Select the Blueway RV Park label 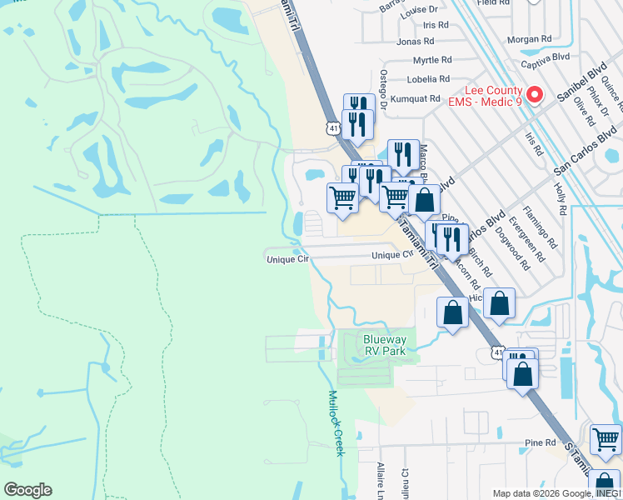point(384,345)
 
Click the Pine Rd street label point(540,442)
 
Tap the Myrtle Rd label point(432,60)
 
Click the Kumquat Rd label point(419,98)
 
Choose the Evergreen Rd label point(525,242)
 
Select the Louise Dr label point(418,12)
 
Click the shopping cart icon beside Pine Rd point(605,439)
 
